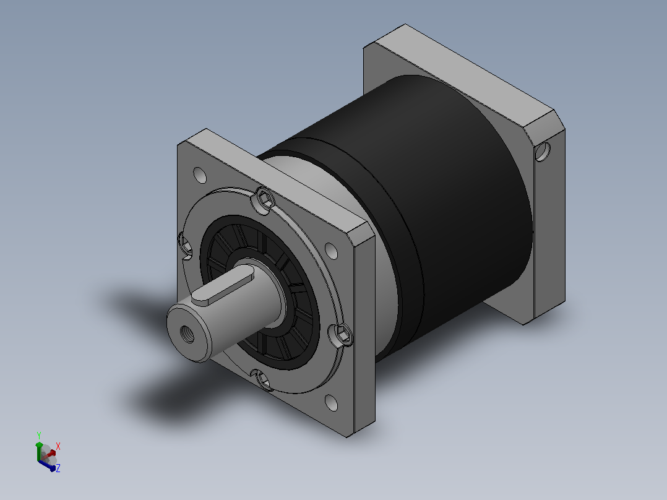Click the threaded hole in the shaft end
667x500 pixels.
tap(187, 334)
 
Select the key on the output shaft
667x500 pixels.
tap(223, 289)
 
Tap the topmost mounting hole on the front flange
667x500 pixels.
tap(199, 175)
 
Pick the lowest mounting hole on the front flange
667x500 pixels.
tap(331, 403)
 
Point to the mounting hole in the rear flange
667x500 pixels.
tap(543, 152)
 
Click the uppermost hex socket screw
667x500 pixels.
tap(265, 199)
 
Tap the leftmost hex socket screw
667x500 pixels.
tap(186, 245)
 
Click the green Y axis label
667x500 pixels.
tap(39, 436)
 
